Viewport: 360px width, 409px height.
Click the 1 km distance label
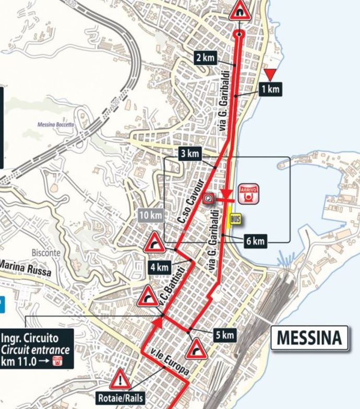(x=271, y=90)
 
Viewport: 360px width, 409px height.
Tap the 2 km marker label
(x=206, y=57)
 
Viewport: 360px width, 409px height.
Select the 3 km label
(x=190, y=154)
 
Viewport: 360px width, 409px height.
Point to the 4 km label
(x=159, y=268)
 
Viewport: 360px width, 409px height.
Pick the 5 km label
(x=224, y=335)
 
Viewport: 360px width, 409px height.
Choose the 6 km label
(x=255, y=241)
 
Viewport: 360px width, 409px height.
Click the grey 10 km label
(x=151, y=215)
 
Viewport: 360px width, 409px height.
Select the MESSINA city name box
(x=309, y=338)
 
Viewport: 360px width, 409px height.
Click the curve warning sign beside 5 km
(x=197, y=349)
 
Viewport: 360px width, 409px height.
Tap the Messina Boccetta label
(x=55, y=125)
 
